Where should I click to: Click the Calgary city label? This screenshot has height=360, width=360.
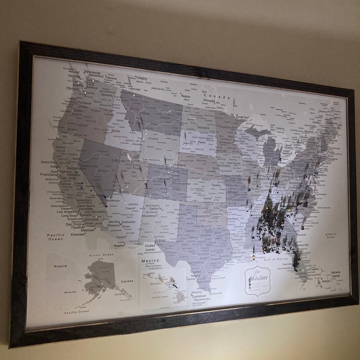142,78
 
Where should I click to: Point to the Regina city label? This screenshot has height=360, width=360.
185,95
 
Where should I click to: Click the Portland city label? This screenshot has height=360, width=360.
84,102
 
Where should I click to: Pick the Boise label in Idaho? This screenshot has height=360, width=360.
116,130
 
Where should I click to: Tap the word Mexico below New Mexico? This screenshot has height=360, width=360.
150,262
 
